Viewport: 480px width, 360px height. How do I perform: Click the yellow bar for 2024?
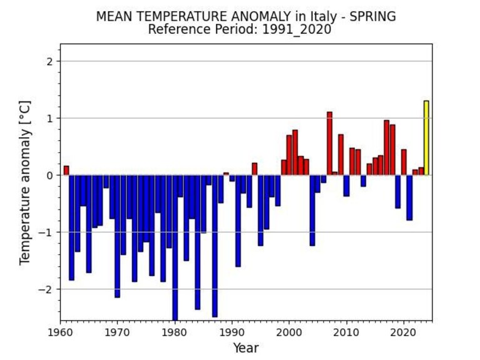pos(426,138)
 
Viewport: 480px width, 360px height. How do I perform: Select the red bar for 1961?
pos(66,171)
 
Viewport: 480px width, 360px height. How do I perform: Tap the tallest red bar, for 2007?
pos(329,144)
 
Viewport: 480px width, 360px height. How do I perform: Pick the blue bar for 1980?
pos(175,248)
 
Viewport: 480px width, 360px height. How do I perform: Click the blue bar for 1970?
pos(118,236)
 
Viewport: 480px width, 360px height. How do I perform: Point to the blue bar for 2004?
pos(312,210)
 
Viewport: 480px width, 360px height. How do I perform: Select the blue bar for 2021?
pos(409,198)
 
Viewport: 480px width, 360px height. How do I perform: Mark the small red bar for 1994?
pos(255,169)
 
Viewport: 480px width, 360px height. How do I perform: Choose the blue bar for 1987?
pos(215,246)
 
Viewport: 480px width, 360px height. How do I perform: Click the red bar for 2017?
pos(387,148)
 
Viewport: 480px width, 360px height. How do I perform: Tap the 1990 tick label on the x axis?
pos(232,332)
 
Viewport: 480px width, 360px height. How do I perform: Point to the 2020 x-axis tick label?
pos(404,332)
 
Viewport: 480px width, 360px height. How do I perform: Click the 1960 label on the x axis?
pos(60,332)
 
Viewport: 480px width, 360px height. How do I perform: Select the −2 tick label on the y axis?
pos(46,289)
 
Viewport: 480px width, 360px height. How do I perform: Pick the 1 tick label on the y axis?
pos(50,118)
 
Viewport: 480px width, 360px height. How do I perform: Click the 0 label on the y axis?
pos(50,175)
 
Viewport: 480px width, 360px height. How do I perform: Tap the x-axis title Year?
pos(246,348)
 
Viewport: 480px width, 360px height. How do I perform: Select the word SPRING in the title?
pos(372,16)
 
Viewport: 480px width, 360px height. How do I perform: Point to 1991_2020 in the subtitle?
pos(297,29)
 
